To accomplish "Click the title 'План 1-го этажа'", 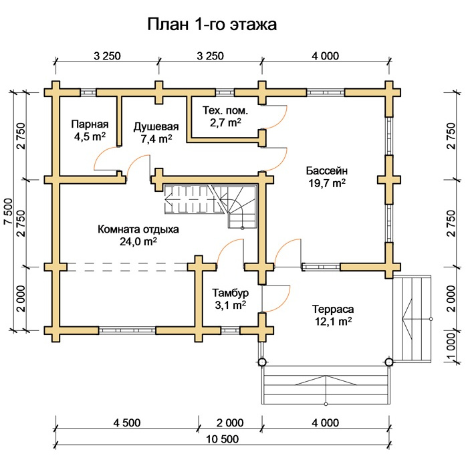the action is click(212, 24).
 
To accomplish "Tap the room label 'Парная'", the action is click(90, 124).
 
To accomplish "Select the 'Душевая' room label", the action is click(156, 127).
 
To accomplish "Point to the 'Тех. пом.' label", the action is click(225, 110).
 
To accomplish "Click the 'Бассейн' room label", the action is click(327, 170).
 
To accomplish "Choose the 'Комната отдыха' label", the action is click(138, 229).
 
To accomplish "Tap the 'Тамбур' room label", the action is click(231, 293).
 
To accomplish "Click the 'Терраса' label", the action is click(333, 309).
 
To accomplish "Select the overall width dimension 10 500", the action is click(223, 439).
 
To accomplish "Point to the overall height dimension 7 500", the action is click(8, 211).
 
